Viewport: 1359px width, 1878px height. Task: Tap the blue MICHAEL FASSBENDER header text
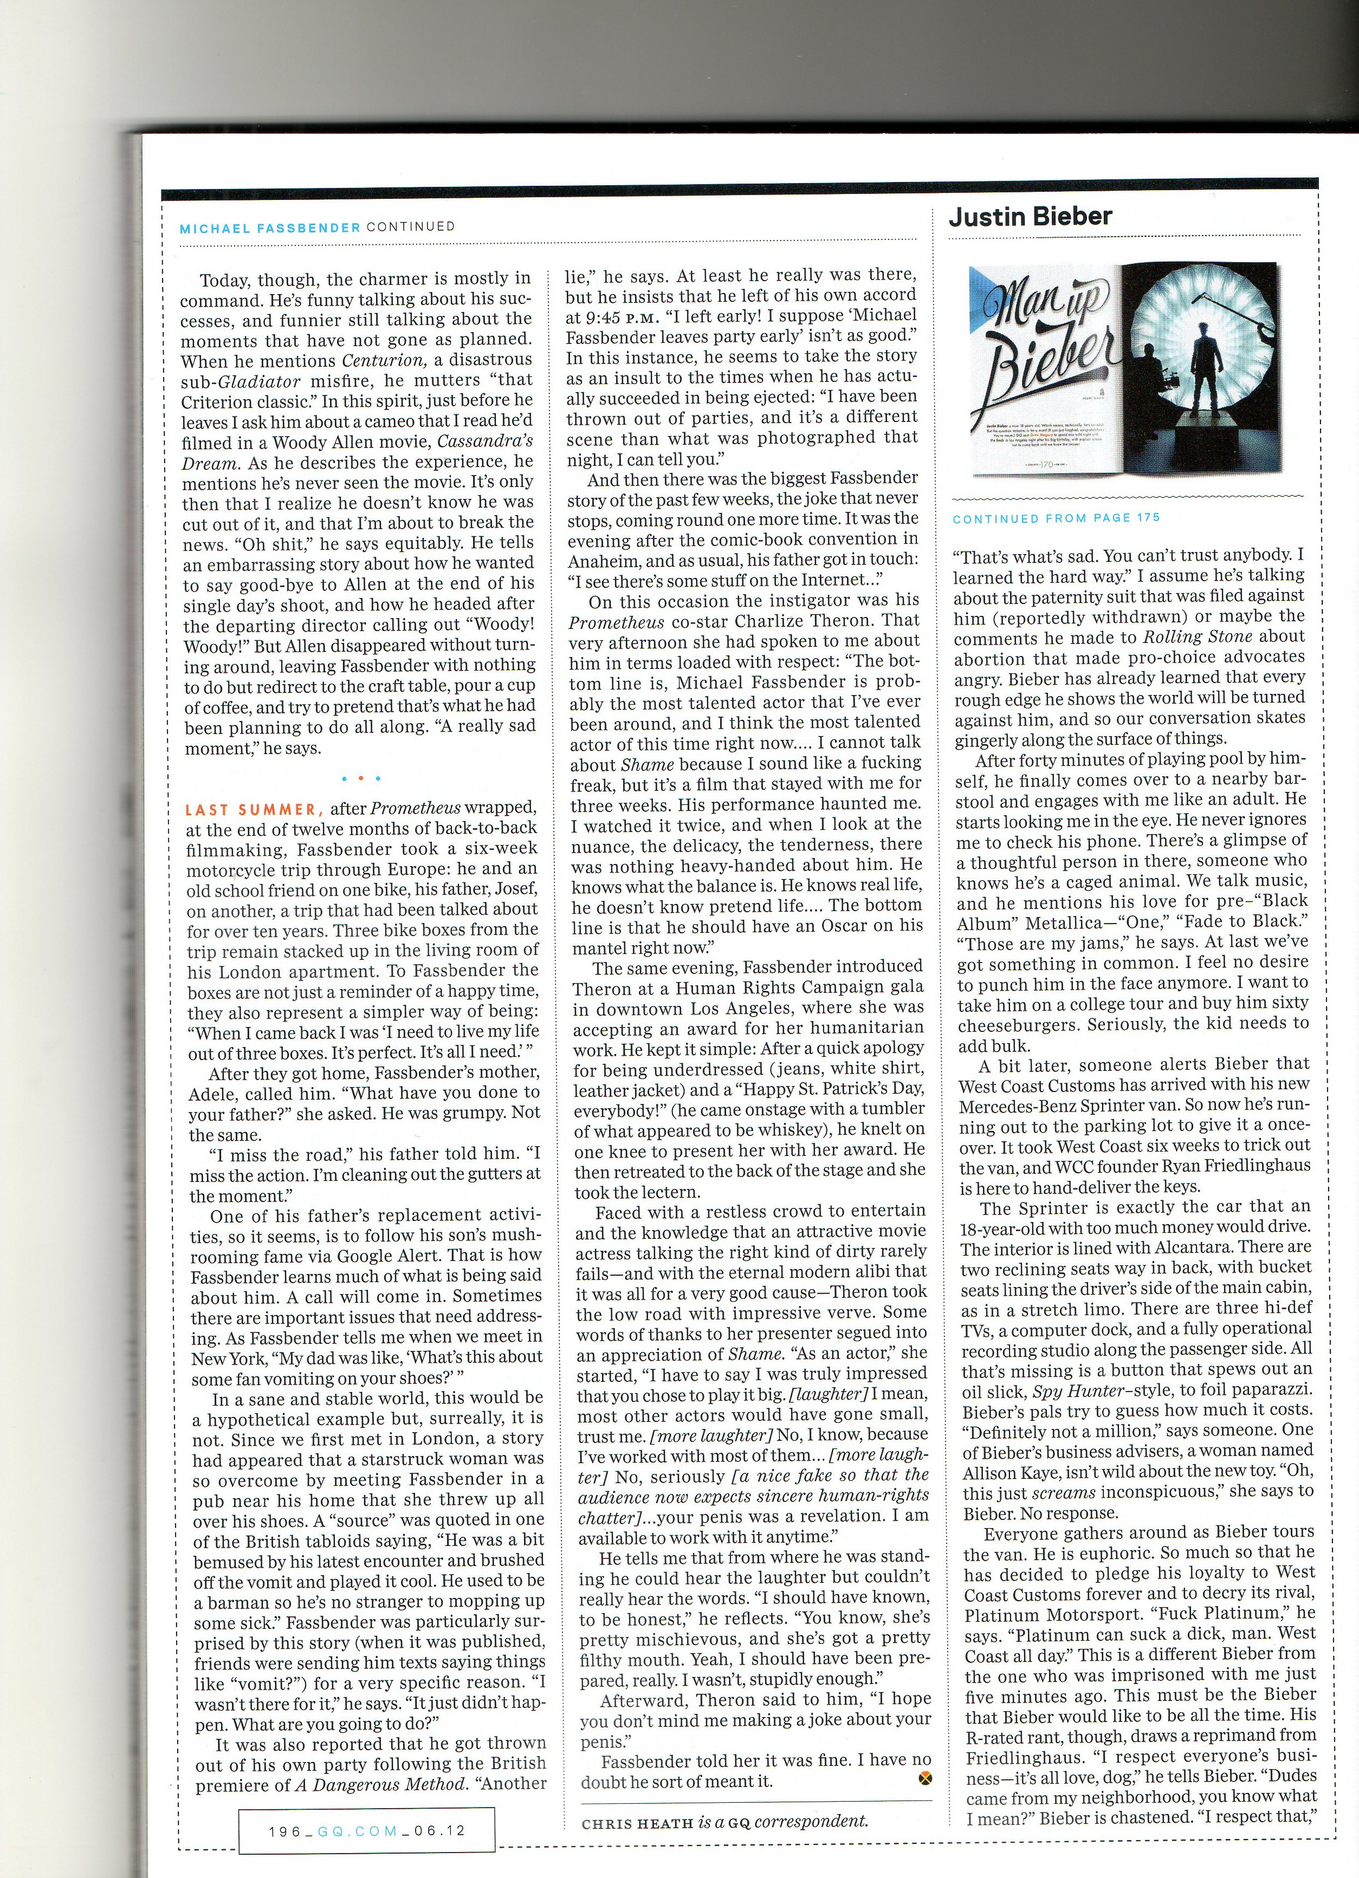coord(270,228)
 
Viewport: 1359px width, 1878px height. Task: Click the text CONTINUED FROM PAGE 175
coord(1057,518)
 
